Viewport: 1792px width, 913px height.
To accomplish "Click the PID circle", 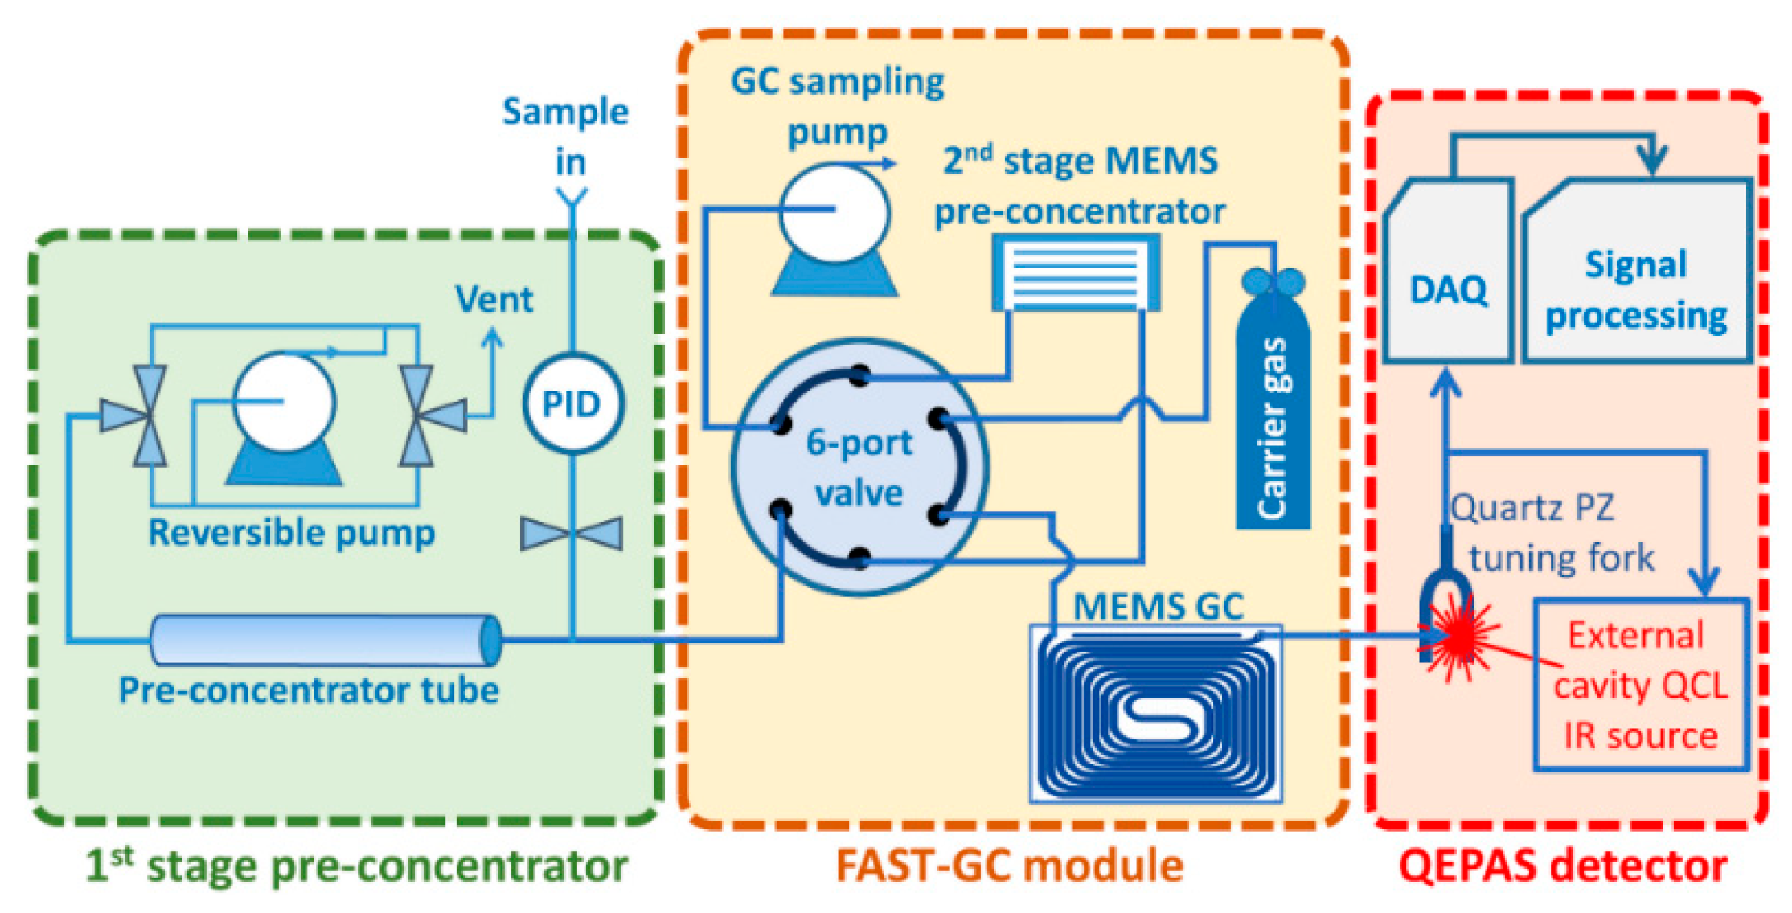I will click(572, 403).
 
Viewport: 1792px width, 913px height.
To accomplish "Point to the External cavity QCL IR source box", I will click(1641, 685).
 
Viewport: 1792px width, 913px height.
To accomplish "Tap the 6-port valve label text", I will click(859, 467).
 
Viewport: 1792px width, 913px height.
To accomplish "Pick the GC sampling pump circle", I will click(835, 211).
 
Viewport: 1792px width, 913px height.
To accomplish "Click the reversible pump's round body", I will click(284, 402).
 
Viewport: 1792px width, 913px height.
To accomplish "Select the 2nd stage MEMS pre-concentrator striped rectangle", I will click(1076, 272).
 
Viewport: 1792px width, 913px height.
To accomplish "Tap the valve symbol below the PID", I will click(572, 534).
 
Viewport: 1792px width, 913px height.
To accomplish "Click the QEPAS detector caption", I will click(1562, 866).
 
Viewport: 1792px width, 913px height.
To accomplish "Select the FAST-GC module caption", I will click(1009, 866).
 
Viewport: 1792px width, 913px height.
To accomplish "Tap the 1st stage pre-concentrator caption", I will click(358, 866).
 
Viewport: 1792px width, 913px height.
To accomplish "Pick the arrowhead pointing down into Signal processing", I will click(1651, 163).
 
